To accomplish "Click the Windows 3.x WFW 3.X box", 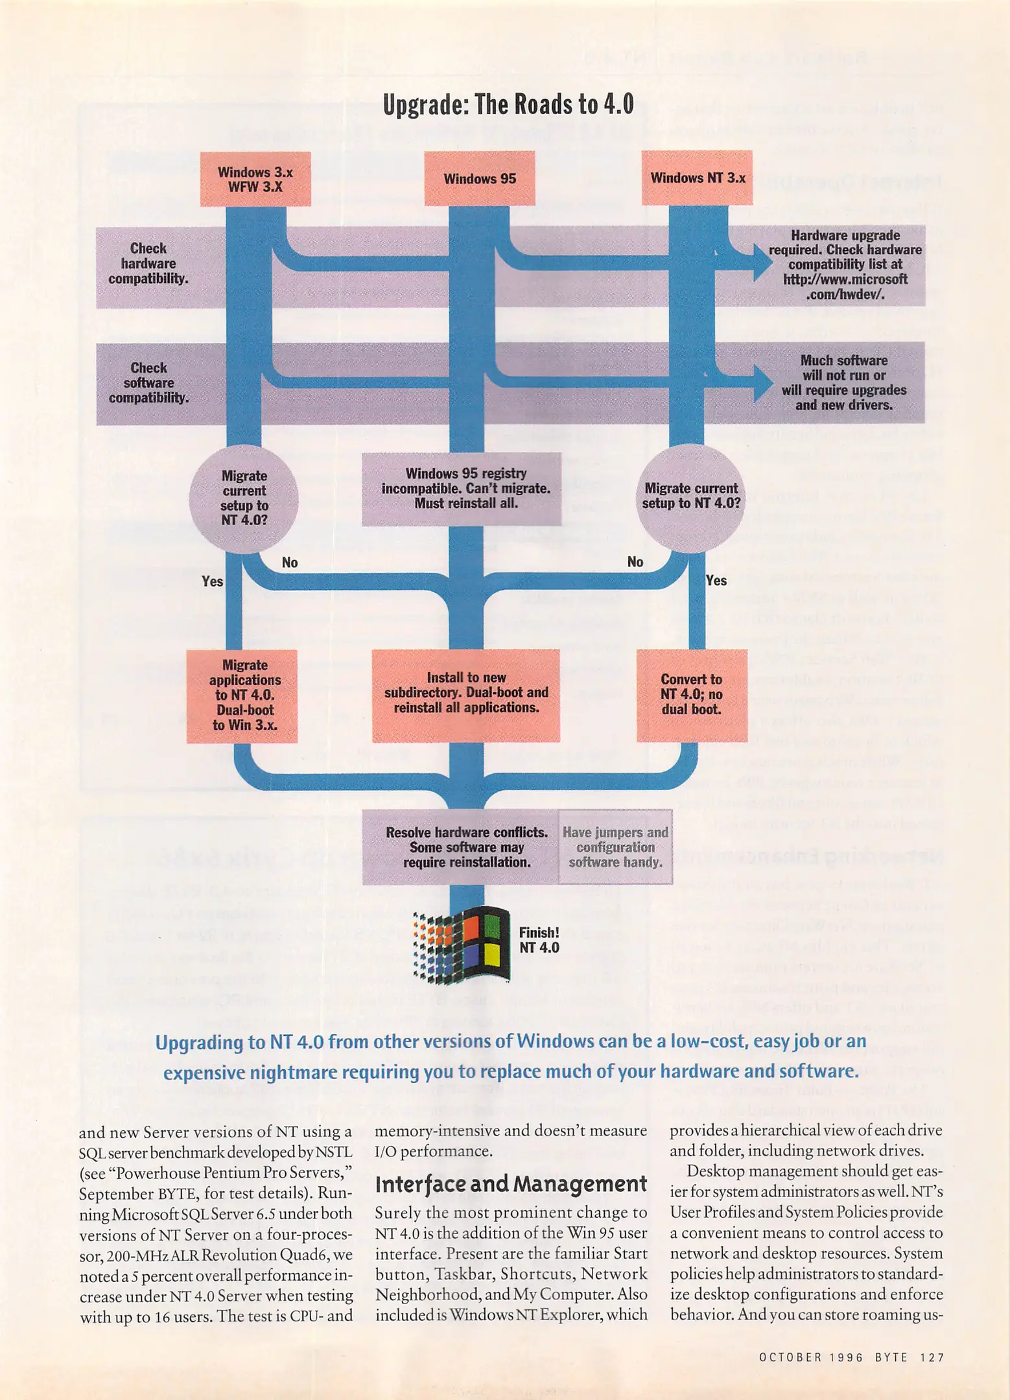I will [255, 180].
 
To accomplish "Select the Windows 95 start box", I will [479, 178].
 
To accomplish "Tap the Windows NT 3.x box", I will [697, 178].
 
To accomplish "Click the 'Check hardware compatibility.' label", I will [148, 264].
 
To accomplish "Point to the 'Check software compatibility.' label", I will [148, 383].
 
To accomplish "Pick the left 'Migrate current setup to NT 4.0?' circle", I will [244, 498].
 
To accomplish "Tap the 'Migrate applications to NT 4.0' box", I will [242, 695].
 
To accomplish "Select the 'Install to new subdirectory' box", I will [465, 694].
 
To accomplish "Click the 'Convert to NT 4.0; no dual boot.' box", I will [691, 694].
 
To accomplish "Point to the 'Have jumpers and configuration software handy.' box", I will [615, 847].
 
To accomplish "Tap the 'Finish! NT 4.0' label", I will [539, 940].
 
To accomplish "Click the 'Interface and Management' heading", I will [511, 1184].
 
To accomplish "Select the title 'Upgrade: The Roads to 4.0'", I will [508, 104].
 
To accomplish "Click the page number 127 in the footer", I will [932, 1357].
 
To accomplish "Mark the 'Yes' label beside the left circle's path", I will [213, 581].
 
